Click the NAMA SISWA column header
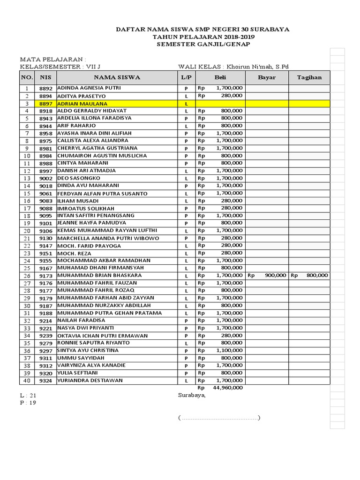coord(117,77)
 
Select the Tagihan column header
coord(309,77)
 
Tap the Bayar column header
coord(267,77)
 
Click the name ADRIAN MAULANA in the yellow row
coord(82,104)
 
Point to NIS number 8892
coord(45,88)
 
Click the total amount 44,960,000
coord(228,388)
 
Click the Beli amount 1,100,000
coord(229,351)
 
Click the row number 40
coord(27,381)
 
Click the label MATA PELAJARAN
coord(52,60)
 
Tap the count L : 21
coord(28,396)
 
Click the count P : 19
coord(28,403)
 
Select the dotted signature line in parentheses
coord(219,418)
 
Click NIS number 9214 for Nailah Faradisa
coord(45,321)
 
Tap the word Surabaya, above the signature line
coord(192,395)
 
